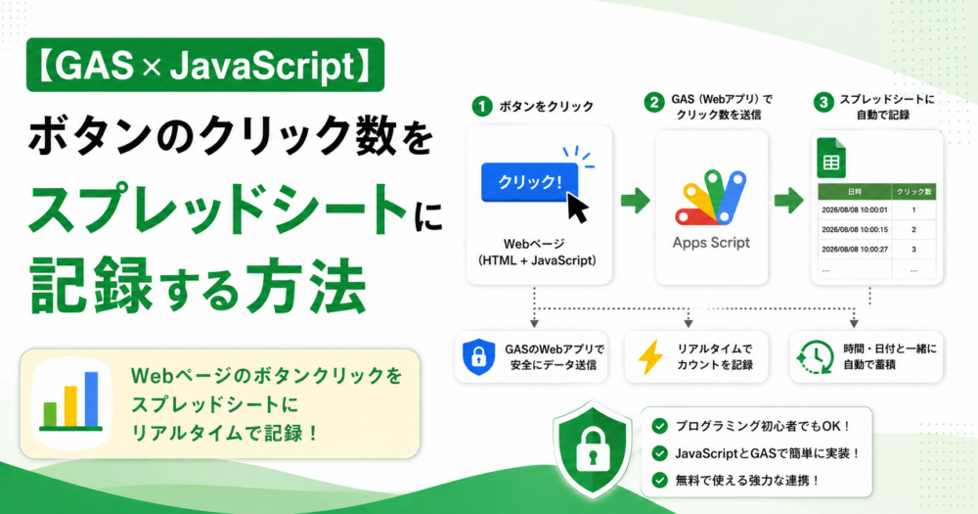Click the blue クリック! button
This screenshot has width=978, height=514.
[529, 182]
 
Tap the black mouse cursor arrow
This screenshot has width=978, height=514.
[578, 207]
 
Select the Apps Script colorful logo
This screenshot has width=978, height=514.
[710, 198]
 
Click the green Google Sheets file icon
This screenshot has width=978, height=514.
[830, 158]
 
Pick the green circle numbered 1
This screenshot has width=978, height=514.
[481, 107]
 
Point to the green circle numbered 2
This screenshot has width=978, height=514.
[653, 103]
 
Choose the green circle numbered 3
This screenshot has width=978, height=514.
[823, 103]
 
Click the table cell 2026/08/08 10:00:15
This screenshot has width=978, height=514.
[855, 230]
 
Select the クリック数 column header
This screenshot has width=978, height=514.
[913, 192]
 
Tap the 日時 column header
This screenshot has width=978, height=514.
[855, 192]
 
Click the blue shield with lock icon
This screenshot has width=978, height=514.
[478, 356]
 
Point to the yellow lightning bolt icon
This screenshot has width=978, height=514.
[650, 356]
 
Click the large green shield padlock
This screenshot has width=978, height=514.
[592, 449]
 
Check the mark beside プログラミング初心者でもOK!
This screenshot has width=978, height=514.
[659, 426]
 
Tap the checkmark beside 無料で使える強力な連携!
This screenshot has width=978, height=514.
[659, 480]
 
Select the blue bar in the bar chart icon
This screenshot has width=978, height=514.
[91, 399]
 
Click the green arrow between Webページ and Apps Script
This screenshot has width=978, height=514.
[635, 201]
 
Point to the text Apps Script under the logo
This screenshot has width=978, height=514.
[711, 243]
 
